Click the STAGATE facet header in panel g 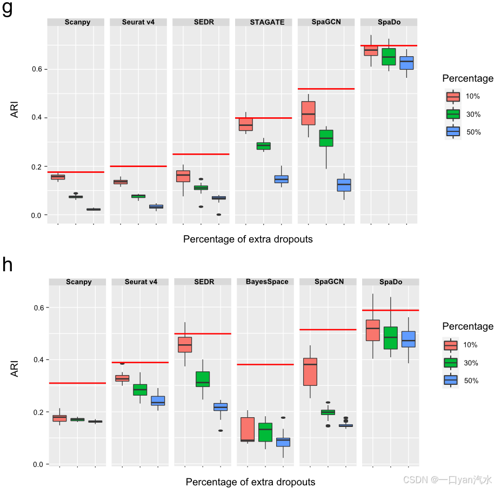tap(263, 22)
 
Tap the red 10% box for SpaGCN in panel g tap(308, 113)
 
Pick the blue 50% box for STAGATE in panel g tap(281, 179)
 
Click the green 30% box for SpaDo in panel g tap(389, 57)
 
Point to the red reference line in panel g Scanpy tap(75, 172)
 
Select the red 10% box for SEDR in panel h tap(185, 344)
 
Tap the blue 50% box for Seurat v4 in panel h tap(158, 400)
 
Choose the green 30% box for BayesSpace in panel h tap(265, 432)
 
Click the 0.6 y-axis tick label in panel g tap(37, 69)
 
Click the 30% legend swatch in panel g tap(453, 114)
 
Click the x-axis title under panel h tap(250, 482)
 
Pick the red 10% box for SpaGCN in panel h tap(310, 371)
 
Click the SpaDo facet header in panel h tap(391, 282)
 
